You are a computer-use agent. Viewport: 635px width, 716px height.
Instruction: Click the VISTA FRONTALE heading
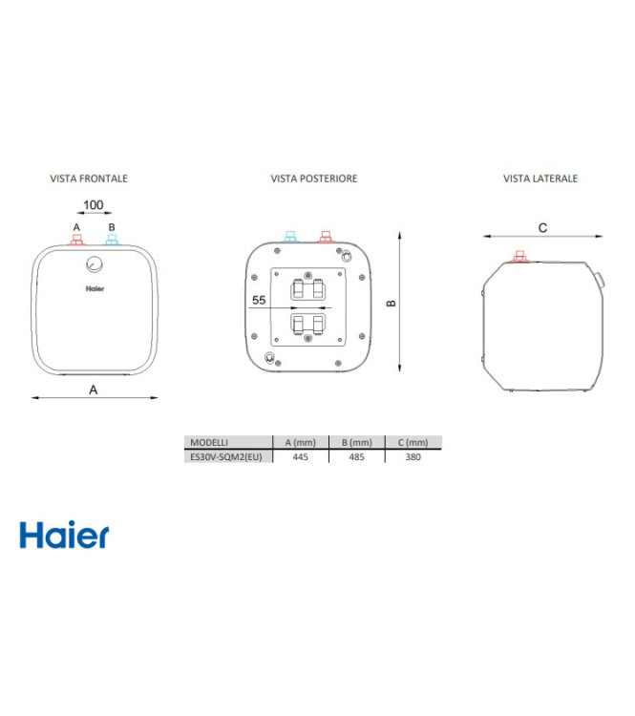pos(89,179)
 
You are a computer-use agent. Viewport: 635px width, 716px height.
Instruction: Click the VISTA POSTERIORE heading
pos(314,179)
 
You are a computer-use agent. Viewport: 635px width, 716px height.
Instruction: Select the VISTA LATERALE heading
pos(540,179)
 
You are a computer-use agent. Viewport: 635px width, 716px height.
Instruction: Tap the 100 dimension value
pos(94,205)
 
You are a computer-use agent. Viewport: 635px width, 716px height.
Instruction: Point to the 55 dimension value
pos(258,300)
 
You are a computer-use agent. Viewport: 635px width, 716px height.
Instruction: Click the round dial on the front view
pos(94,264)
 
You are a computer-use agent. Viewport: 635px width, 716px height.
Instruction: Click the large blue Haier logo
pos(64,536)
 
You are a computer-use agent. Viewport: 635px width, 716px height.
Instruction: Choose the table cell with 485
pos(355,457)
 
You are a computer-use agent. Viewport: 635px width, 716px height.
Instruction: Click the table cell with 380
pos(413,457)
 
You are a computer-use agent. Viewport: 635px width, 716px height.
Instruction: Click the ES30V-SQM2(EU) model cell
pos(226,457)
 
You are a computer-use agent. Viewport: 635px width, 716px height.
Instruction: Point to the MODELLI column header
pos(209,443)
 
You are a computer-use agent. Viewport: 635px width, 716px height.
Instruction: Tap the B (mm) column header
pos(355,443)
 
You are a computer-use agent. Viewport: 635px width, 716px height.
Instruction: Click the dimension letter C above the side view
pos(542,227)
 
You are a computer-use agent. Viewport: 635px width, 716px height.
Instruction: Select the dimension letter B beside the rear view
pos(390,303)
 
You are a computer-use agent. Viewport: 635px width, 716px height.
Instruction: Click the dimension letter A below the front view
pos(94,389)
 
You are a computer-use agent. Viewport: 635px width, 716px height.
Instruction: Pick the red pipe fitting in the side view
pos(520,256)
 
